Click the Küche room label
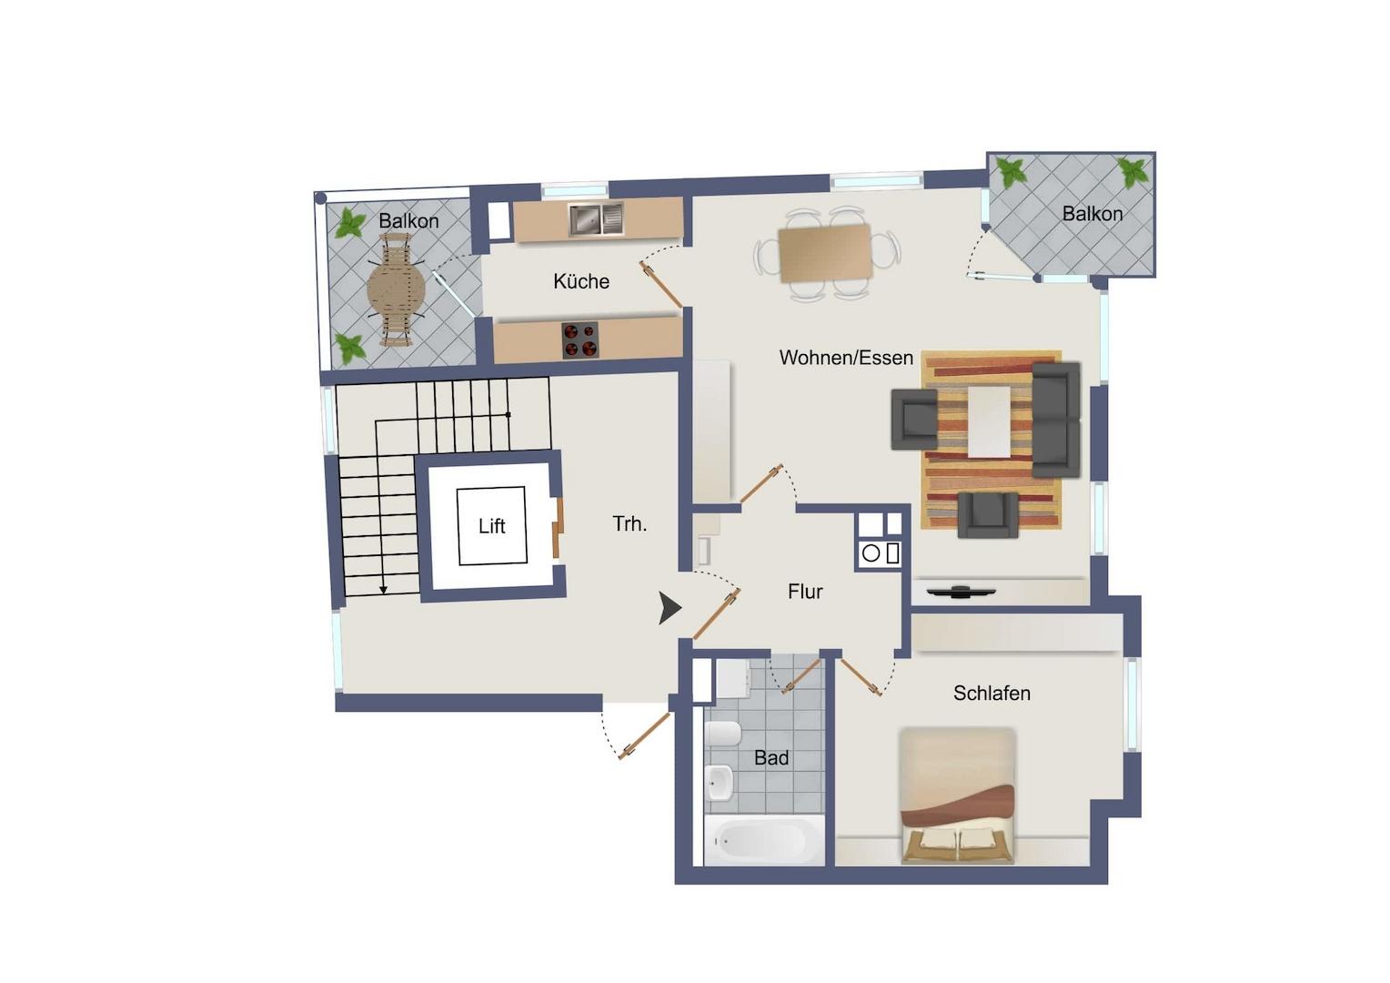click(x=580, y=281)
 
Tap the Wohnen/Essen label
click(x=846, y=358)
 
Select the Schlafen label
click(x=992, y=693)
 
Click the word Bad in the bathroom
click(x=771, y=757)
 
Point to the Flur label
click(x=805, y=592)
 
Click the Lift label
click(x=491, y=527)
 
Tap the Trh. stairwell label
click(x=630, y=524)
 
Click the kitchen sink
click(x=596, y=219)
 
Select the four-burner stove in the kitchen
click(x=580, y=339)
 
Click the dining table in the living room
click(x=825, y=253)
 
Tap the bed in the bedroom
click(x=957, y=796)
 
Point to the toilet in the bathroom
click(x=722, y=734)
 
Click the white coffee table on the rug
click(x=989, y=421)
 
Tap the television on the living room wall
click(x=962, y=592)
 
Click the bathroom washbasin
click(x=720, y=783)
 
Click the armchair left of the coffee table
click(x=914, y=420)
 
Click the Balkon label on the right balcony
click(x=1093, y=214)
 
